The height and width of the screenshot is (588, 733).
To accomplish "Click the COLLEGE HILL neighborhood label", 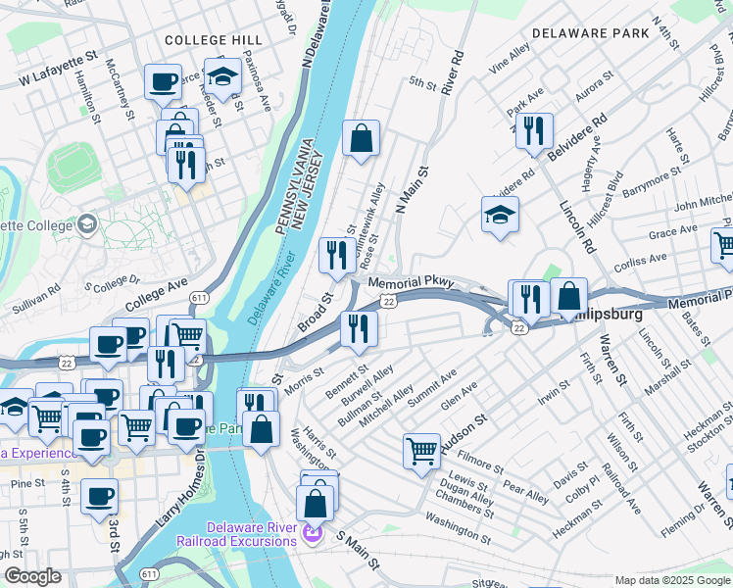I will (x=212, y=40).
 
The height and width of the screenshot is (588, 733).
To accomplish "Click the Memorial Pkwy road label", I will (x=411, y=282).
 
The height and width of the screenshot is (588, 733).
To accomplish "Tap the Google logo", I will (x=32, y=575).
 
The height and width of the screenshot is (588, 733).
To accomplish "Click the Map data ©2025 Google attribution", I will (x=671, y=580).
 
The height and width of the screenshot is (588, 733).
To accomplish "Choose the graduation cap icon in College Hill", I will (x=223, y=75).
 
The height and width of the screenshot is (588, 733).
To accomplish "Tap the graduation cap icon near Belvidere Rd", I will (x=500, y=215).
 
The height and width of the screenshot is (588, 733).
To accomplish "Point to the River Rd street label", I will (x=452, y=73).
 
